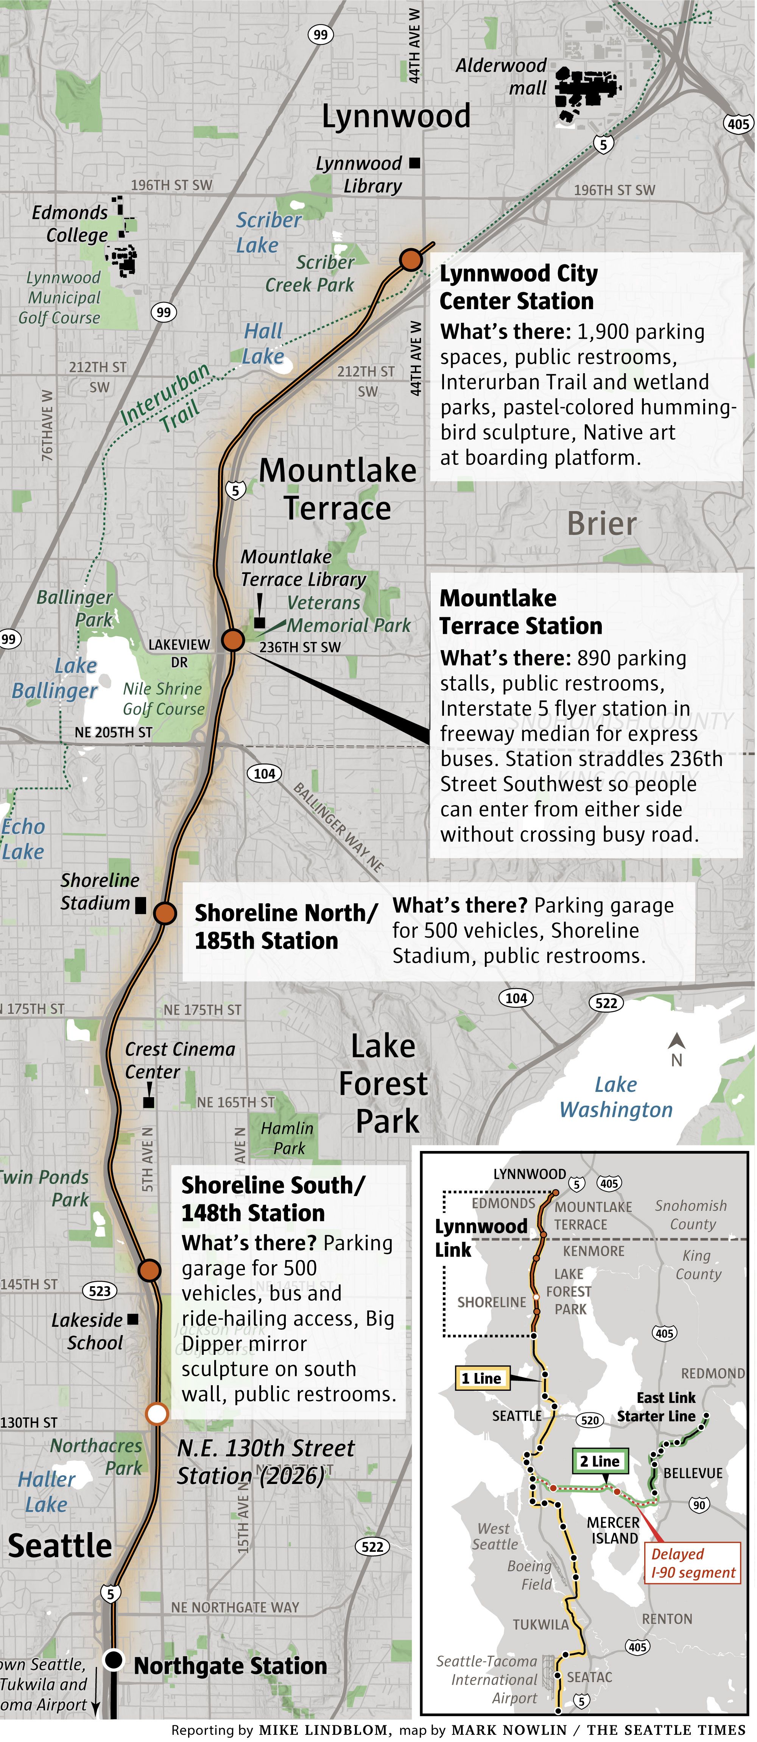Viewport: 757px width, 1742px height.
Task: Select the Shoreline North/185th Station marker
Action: point(164,913)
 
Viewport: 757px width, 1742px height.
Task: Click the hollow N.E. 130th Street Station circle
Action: point(157,1414)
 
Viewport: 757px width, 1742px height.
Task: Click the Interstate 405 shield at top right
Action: point(737,123)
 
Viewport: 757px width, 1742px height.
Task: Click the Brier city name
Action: point(601,524)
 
